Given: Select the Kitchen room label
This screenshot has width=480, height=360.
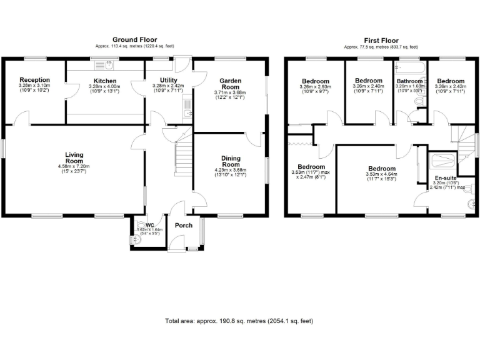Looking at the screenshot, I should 105,81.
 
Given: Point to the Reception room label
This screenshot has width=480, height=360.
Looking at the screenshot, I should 34,80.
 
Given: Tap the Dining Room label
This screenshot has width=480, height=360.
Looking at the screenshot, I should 230,162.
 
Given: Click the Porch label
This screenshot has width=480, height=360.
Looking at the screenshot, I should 184,226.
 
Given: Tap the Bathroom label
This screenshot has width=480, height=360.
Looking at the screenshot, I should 409,81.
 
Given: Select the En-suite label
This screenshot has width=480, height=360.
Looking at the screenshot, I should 446,178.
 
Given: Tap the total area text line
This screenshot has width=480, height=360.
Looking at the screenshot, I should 239,321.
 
